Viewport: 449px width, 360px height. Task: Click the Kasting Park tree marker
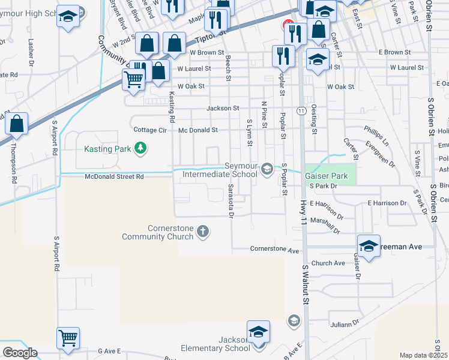(140, 148)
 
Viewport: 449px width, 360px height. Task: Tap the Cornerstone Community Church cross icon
(203, 231)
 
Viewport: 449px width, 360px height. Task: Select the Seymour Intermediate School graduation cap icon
(267, 169)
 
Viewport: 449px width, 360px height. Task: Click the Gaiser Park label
(326, 176)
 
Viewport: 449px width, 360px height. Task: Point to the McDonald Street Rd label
(115, 177)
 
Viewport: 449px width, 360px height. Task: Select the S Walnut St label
(306, 285)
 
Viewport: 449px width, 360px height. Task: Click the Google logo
(20, 353)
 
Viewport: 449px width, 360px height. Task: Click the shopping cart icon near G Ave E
(68, 338)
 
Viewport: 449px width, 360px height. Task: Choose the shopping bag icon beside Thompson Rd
(17, 124)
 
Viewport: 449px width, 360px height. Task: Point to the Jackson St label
(223, 109)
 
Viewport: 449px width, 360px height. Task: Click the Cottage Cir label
(149, 130)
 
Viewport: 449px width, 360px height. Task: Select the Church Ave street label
(328, 263)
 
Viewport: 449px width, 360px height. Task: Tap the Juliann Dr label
(344, 325)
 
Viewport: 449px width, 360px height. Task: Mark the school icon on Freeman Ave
(369, 245)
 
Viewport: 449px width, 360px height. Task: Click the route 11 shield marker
(300, 110)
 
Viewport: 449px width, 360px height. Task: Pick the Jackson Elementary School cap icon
(258, 332)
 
